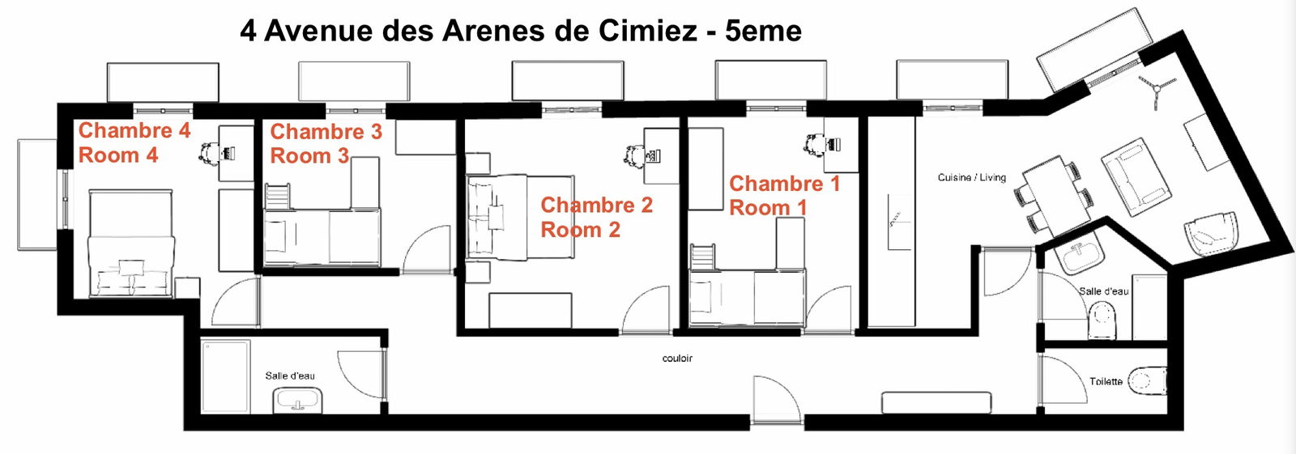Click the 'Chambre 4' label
point(134,131)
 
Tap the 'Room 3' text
point(309,155)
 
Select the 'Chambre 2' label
point(596,206)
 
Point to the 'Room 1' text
point(769,208)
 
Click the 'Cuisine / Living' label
point(972,177)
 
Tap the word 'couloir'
point(677,359)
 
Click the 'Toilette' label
point(1106,382)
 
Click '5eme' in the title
point(763,31)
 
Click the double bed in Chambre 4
point(131,244)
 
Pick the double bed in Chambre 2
point(520,217)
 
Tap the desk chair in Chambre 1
point(815,144)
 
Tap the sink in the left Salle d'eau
point(298,400)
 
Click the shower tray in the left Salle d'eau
point(226,376)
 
